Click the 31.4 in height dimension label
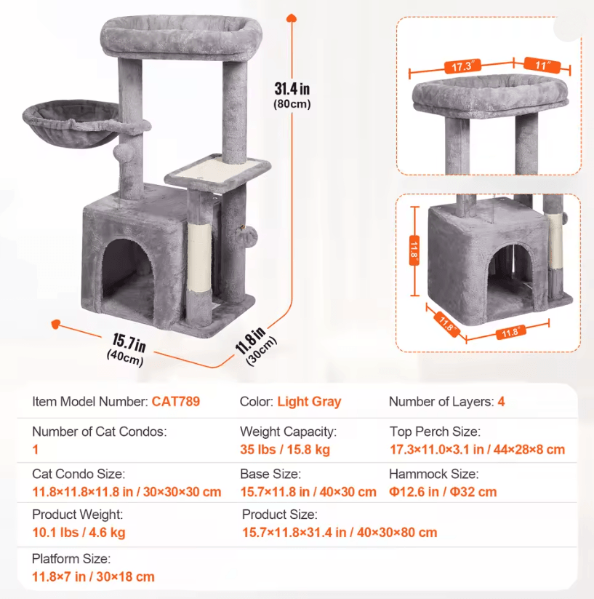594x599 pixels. [x=292, y=89]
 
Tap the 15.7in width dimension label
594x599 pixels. [x=129, y=343]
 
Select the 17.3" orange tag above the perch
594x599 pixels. [x=462, y=66]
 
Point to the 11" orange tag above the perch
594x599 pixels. [x=542, y=65]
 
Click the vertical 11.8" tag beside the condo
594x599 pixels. [x=414, y=250]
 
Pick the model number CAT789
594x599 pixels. [x=175, y=402]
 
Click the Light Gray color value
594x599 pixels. [x=309, y=402]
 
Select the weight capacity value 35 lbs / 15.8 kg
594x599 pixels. [x=285, y=449]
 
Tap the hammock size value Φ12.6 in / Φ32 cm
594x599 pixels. [x=443, y=492]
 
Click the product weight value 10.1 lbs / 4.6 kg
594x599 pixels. [x=79, y=532]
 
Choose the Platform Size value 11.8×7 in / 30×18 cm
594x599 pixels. [x=93, y=576]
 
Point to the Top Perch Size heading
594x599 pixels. [x=435, y=432]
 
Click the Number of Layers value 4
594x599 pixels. [x=501, y=402]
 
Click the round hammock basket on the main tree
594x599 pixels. [x=71, y=124]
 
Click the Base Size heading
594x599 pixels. [x=270, y=474]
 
